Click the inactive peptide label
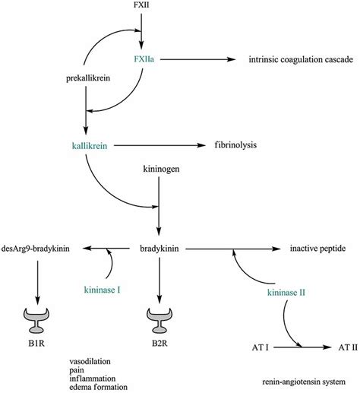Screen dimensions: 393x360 tap(319, 248)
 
